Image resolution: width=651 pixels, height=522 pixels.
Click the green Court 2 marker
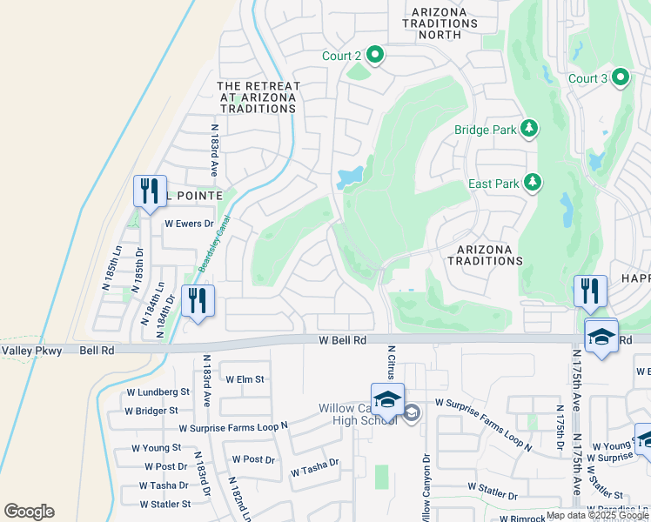[x=376, y=56]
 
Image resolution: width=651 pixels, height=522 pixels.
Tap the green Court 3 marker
[x=621, y=78]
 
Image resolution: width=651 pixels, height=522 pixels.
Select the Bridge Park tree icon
[x=528, y=130]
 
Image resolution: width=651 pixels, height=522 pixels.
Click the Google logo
[x=29, y=512]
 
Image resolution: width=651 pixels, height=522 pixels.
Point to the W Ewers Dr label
[x=189, y=224]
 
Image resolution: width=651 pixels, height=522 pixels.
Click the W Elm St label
[x=245, y=379]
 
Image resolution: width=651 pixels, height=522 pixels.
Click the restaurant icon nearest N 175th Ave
[x=589, y=291]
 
